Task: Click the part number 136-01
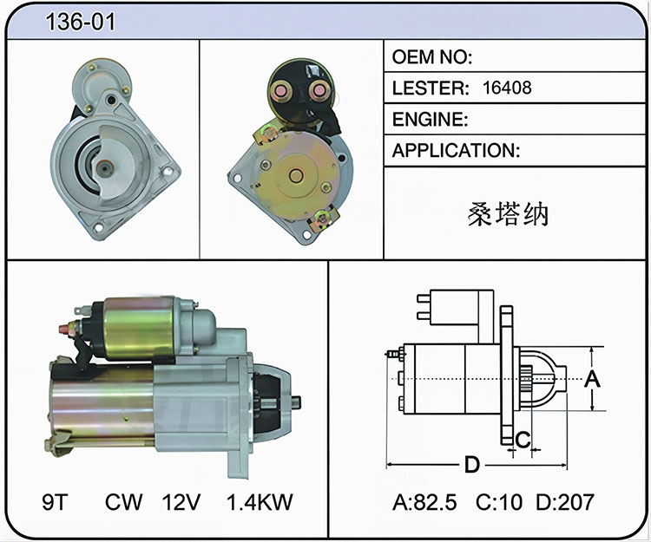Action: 80,22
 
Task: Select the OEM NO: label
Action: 431,57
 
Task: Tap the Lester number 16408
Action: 507,88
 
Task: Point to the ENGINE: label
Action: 431,120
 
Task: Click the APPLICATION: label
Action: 456,150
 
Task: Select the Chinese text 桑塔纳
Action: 508,214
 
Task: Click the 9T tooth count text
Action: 55,502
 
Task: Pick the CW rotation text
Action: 123,502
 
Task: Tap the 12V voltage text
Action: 181,502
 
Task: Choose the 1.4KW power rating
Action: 260,502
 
